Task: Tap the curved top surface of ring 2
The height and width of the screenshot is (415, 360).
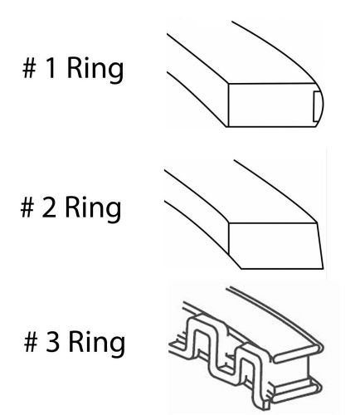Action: (249, 199)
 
